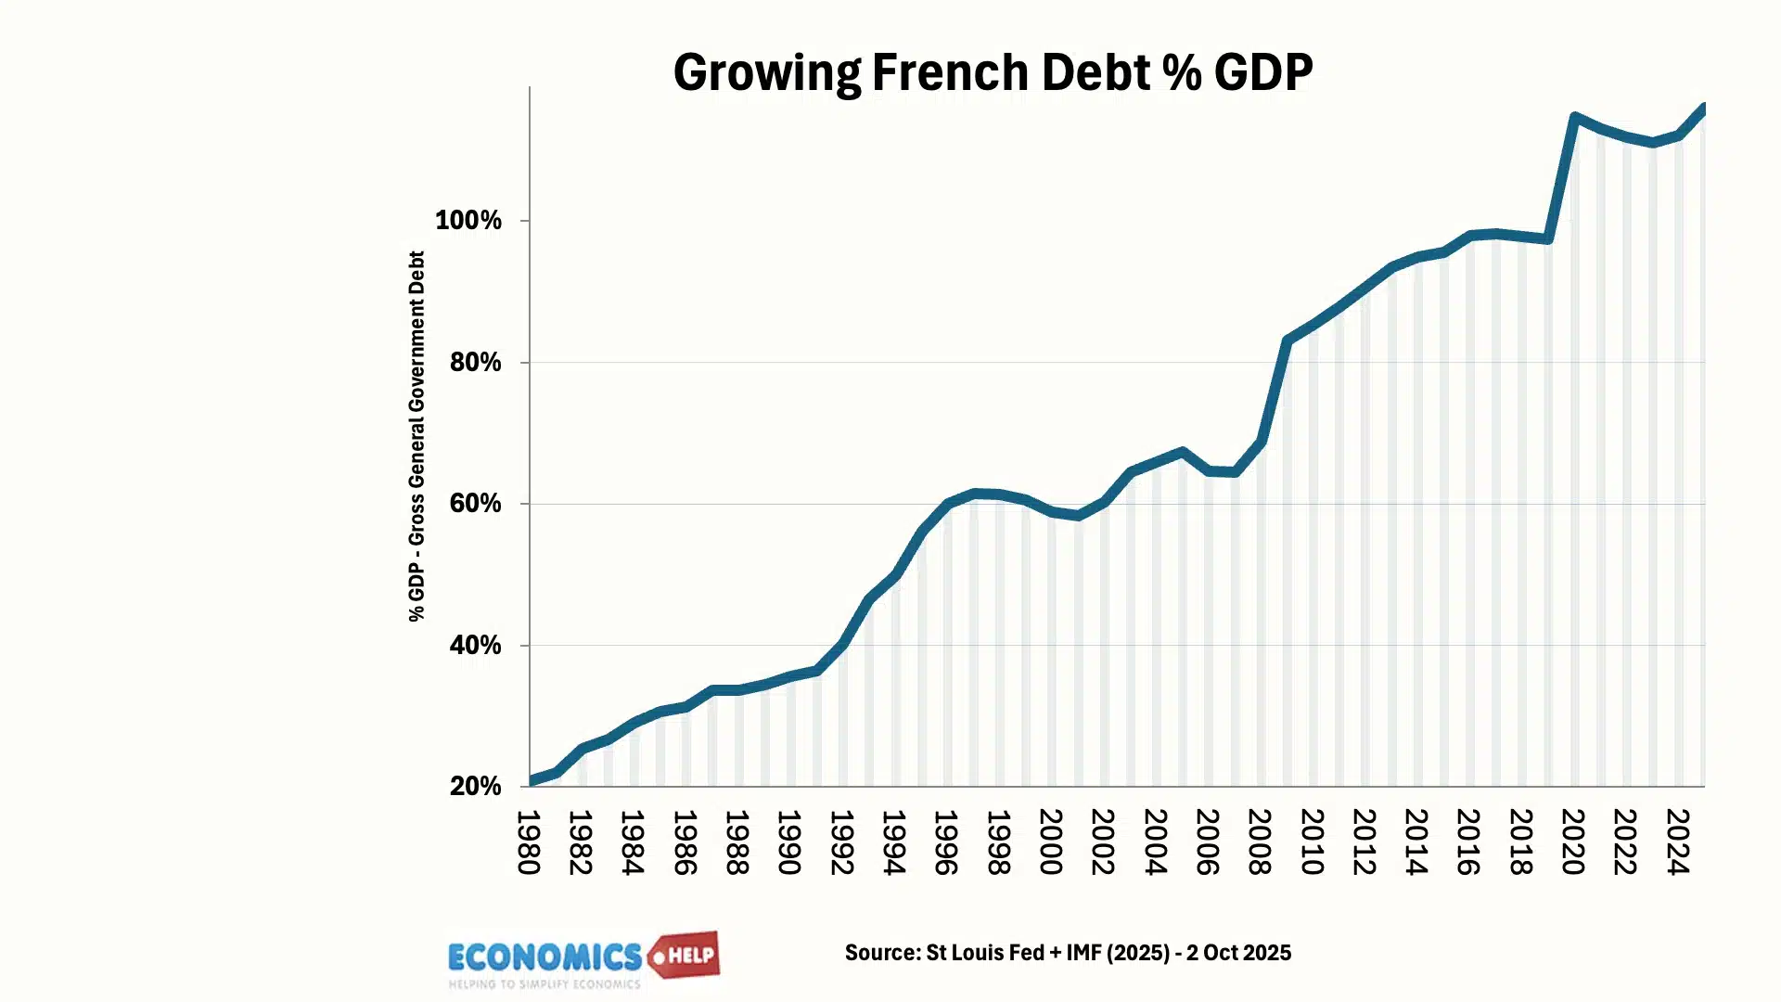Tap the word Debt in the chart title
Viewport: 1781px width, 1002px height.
pyautogui.click(x=1096, y=72)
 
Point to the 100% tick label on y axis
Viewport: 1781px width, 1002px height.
pyautogui.click(x=468, y=221)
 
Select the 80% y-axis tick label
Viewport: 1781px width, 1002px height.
pyautogui.click(x=475, y=363)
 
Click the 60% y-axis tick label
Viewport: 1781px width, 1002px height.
pyautogui.click(x=475, y=504)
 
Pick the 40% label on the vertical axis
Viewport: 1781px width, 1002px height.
pyautogui.click(x=475, y=646)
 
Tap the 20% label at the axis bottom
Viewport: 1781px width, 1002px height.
pyautogui.click(x=475, y=787)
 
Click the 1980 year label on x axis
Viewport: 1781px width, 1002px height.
pyautogui.click(x=529, y=842)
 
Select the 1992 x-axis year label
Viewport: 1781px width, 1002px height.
pyautogui.click(x=841, y=842)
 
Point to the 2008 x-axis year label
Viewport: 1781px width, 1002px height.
pyautogui.click(x=1259, y=842)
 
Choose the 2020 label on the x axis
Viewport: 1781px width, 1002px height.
pyautogui.click(x=1572, y=842)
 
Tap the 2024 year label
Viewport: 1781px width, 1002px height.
pyautogui.click(x=1677, y=842)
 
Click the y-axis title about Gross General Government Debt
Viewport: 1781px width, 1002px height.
pyautogui.click(x=416, y=436)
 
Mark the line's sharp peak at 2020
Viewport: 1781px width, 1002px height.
pyautogui.click(x=1574, y=117)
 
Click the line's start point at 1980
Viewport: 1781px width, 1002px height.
pyautogui.click(x=532, y=780)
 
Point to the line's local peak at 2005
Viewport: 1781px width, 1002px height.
pyautogui.click(x=1182, y=452)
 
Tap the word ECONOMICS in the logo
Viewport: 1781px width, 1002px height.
pyautogui.click(x=545, y=957)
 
